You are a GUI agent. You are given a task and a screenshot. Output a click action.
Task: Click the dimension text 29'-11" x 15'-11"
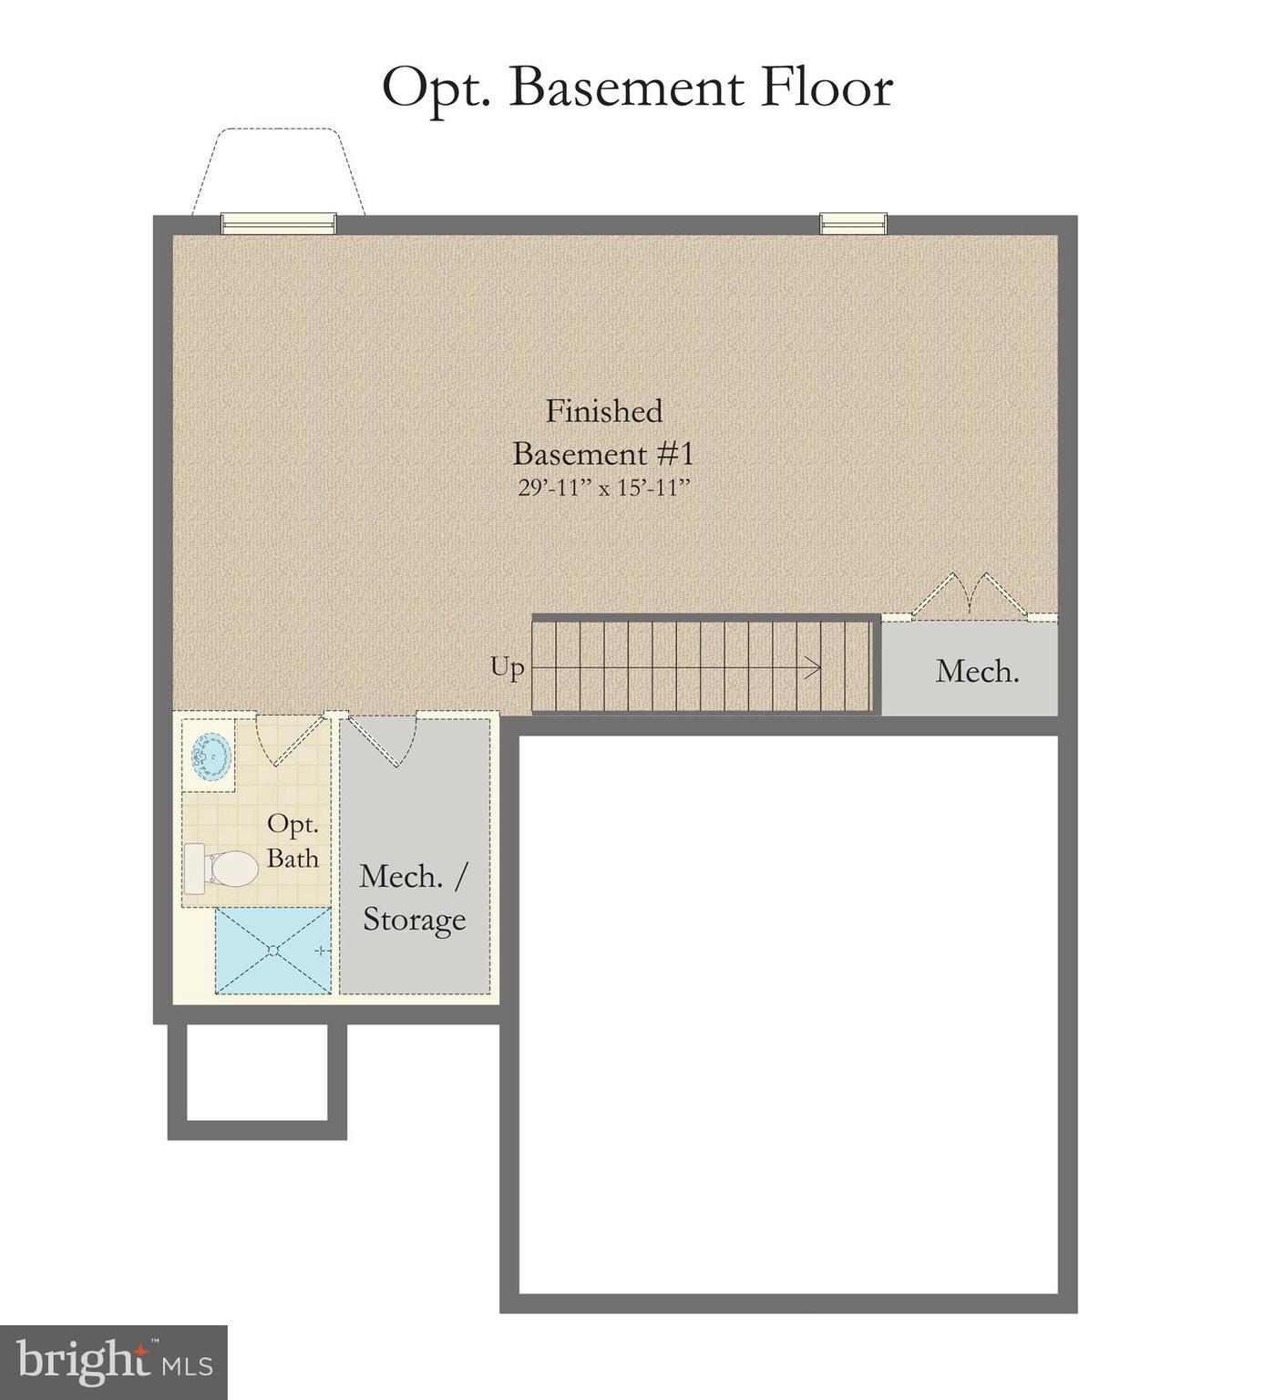click(604, 488)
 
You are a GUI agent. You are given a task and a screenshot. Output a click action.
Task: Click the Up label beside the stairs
click(508, 667)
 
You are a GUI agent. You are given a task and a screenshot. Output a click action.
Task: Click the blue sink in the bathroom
click(211, 756)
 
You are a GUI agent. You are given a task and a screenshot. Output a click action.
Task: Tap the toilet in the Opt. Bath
click(221, 869)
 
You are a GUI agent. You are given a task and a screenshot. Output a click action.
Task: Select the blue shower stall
click(272, 950)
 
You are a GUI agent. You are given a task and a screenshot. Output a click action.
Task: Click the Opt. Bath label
click(293, 840)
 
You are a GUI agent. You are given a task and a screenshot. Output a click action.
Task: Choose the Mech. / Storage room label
click(415, 898)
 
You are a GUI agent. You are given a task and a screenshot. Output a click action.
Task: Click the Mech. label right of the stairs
click(977, 672)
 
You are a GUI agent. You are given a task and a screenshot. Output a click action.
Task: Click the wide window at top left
click(279, 223)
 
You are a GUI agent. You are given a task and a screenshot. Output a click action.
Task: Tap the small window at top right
click(853, 223)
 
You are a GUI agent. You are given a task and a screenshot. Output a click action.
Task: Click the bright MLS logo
click(113, 1362)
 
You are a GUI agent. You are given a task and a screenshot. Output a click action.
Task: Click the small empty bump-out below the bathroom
click(257, 1072)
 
